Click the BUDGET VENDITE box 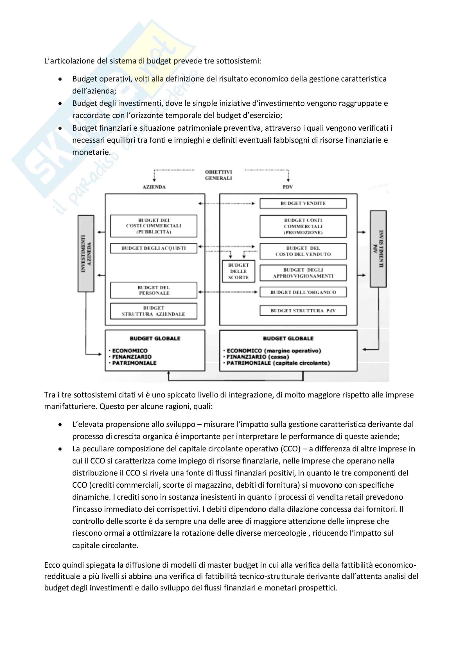[303, 203]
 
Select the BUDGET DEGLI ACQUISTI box [154, 248]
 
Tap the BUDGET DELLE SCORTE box [238, 271]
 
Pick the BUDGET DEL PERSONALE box [154, 290]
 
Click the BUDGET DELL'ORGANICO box [303, 292]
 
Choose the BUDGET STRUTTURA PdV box [303, 310]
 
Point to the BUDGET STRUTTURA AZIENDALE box [154, 311]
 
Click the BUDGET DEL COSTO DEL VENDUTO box [303, 251]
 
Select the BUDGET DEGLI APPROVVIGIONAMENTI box [303, 273]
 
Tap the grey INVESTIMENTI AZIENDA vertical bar [86, 254]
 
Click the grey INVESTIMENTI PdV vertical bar [378, 249]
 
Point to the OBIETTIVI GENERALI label [218, 175]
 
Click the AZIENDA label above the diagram [154, 187]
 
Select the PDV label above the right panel [288, 187]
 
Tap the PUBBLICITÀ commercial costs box [154, 226]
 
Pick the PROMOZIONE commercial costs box [303, 226]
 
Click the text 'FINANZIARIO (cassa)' [258, 357]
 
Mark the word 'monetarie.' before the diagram [91, 152]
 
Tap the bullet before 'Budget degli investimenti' [60, 104]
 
